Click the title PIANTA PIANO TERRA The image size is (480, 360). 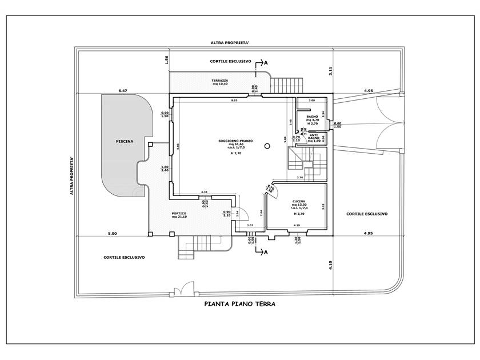239,305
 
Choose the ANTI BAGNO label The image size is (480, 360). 313,138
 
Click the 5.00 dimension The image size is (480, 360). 112,234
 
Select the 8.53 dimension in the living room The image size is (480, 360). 234,101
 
